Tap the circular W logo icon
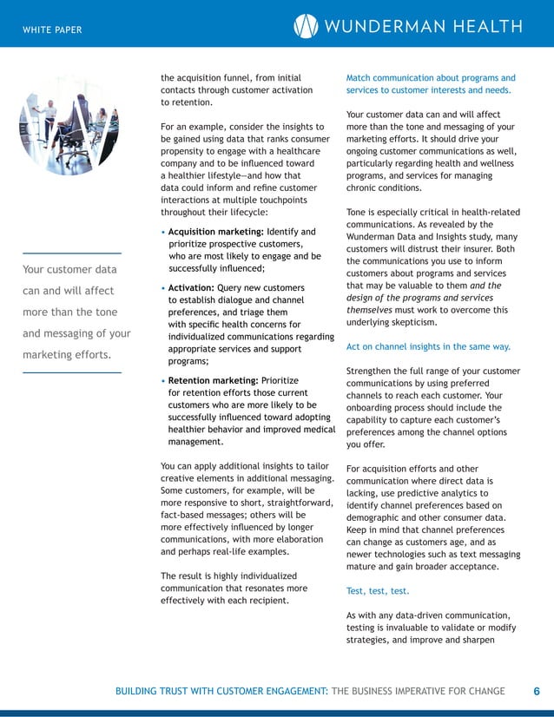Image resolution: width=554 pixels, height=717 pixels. click(306, 27)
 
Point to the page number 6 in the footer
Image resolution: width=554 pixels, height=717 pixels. click(537, 691)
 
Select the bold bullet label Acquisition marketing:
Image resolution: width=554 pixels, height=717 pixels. click(215, 232)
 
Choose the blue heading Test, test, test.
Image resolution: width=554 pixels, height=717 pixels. click(376, 590)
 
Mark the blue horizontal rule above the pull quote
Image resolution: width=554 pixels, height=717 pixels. click(71, 253)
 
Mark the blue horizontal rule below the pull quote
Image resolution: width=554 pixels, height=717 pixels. click(71, 372)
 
